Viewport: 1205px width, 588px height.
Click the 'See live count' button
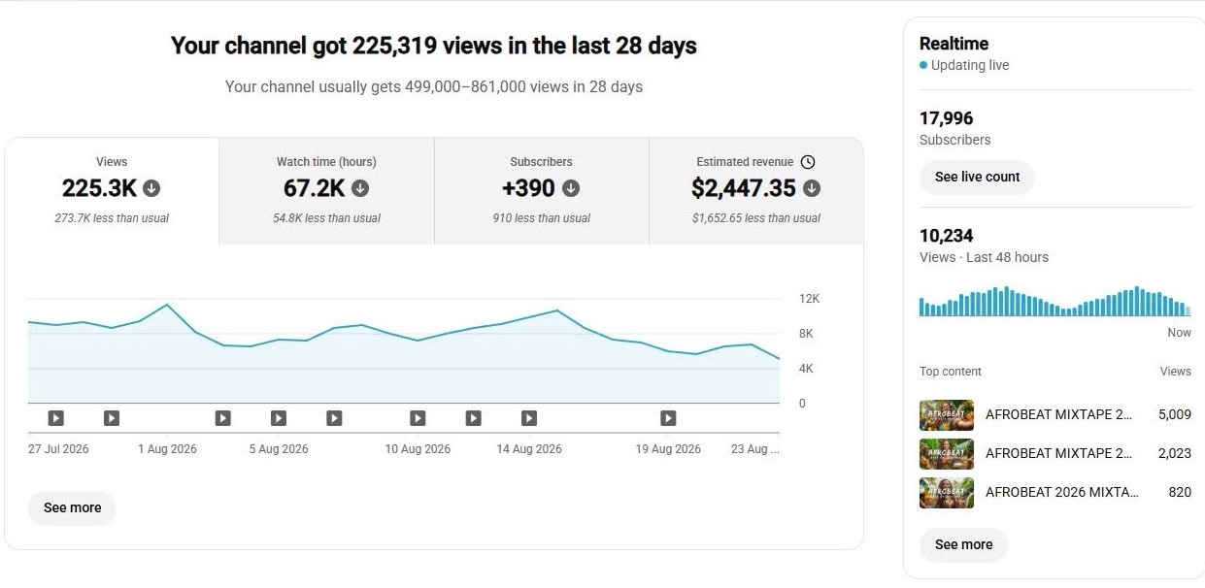[977, 177]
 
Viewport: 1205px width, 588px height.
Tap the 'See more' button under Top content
[963, 544]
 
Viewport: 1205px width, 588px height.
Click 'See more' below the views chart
[72, 507]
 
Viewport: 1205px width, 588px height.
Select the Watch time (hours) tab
[326, 191]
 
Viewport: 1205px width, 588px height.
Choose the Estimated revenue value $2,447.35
[744, 188]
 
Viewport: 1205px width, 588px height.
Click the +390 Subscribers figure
[528, 188]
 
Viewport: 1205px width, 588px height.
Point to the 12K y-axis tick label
[809, 299]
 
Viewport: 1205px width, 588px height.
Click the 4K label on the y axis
[806, 369]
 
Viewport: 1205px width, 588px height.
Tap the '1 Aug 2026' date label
[167, 449]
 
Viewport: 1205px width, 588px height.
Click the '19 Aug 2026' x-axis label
[668, 449]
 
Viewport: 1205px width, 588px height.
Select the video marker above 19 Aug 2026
[668, 418]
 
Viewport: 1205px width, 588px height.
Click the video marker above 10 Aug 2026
[418, 418]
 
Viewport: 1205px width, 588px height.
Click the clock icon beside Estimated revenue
[808, 162]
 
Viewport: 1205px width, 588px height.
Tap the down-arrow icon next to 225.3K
[151, 188]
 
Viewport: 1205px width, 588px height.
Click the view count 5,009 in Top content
[1174, 414]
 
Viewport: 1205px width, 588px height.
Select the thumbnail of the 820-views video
[947, 492]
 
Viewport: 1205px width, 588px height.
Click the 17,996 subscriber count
[947, 118]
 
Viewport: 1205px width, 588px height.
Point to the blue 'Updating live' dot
[923, 65]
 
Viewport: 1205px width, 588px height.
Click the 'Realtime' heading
[954, 44]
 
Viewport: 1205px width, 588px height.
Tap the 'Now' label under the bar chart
[1179, 333]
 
